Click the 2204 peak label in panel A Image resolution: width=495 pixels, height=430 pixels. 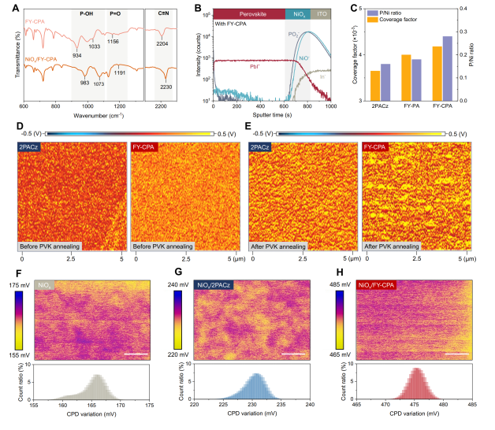pyautogui.click(x=163, y=46)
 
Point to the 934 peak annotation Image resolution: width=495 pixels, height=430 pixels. pyautogui.click(x=78, y=56)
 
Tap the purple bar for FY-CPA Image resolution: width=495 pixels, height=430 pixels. pyautogui.click(x=448, y=68)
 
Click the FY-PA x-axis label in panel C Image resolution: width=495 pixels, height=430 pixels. pyautogui.click(x=411, y=107)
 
